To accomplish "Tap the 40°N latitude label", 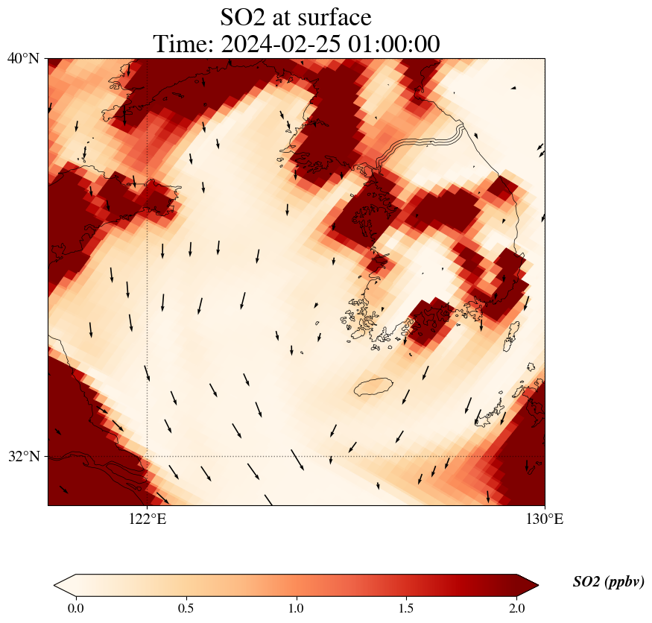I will pyautogui.click(x=23, y=58).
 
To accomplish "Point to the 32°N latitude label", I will pyautogui.click(x=23, y=456).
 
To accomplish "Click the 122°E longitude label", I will pyautogui.click(x=148, y=519).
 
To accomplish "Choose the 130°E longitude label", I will pyautogui.click(x=545, y=519).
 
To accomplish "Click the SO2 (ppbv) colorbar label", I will pyautogui.click(x=608, y=582).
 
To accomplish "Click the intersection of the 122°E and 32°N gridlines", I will pyautogui.click(x=148, y=456).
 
